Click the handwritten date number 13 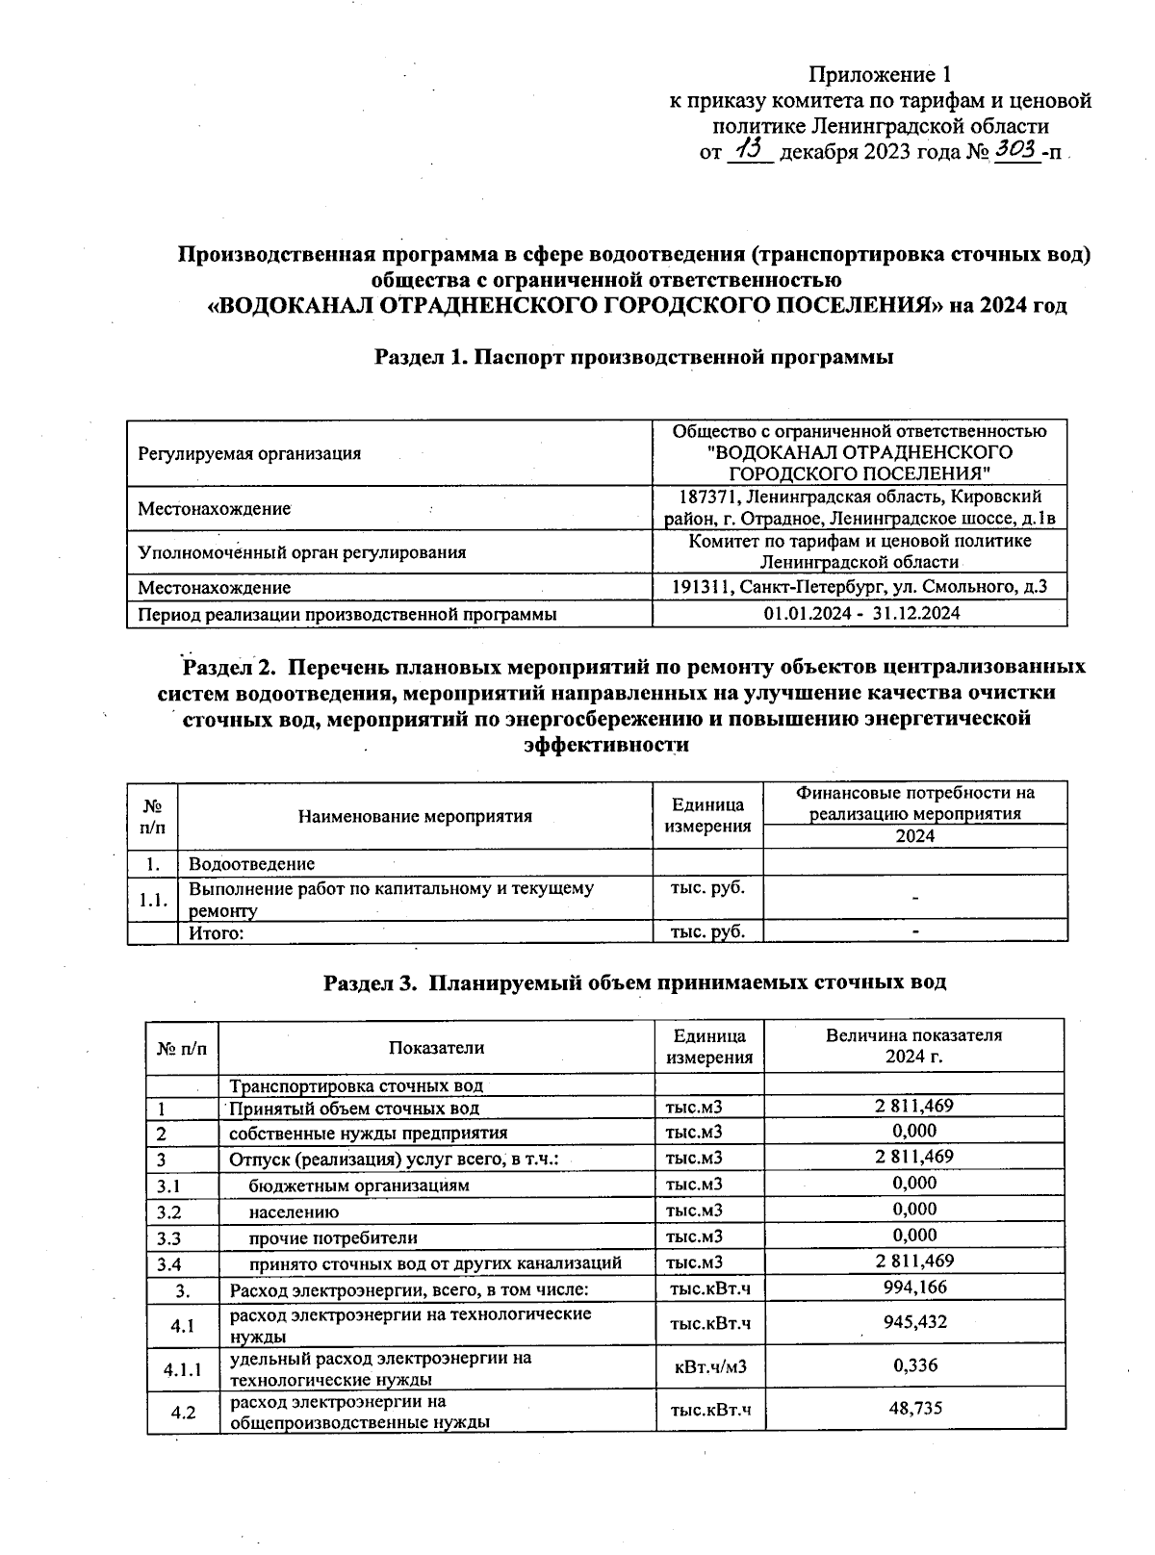749,149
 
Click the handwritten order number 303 1016,149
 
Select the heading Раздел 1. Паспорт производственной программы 634,357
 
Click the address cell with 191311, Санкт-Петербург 860,587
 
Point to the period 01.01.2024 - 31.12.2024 860,613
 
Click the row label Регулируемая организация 249,453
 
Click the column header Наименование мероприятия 415,816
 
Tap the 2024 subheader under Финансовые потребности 914,836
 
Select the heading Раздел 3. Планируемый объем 634,982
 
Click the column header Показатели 436,1047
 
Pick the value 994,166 914,1287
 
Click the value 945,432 914,1322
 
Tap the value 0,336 914,1364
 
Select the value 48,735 914,1408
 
